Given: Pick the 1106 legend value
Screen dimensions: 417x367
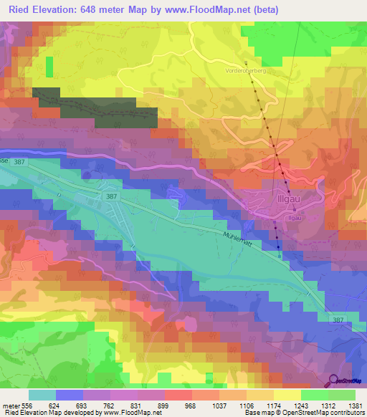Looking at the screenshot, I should (245, 406).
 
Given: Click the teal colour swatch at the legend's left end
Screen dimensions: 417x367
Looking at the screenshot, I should (42, 395).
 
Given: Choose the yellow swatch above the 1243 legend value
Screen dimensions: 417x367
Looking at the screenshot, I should (287, 395).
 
